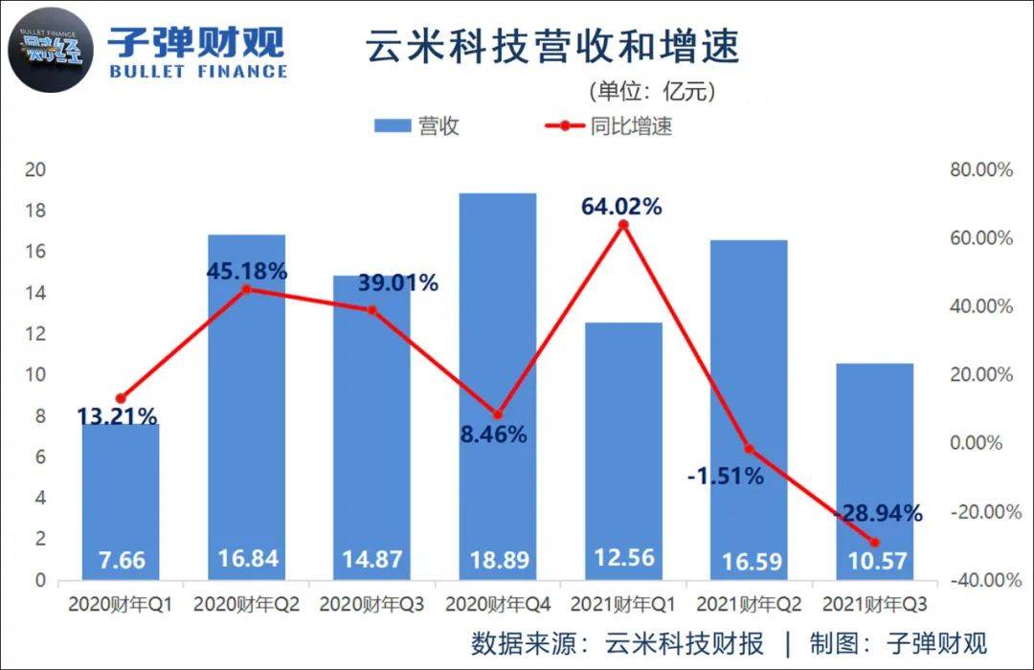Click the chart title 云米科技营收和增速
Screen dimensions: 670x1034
click(x=552, y=46)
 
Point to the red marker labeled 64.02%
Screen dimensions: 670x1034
click(x=623, y=225)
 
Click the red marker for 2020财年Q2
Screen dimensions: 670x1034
click(x=246, y=289)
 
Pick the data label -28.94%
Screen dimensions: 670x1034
click(x=877, y=513)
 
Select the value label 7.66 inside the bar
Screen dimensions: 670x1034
click(x=120, y=559)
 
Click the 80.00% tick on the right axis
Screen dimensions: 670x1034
click(x=980, y=170)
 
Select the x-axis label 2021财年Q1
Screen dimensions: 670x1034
click(x=623, y=605)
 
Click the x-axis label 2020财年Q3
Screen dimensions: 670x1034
click(x=371, y=605)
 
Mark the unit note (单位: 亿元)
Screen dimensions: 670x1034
click(x=651, y=92)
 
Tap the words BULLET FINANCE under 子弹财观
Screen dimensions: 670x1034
click(x=197, y=71)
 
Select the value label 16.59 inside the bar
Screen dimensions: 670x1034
click(x=750, y=559)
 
